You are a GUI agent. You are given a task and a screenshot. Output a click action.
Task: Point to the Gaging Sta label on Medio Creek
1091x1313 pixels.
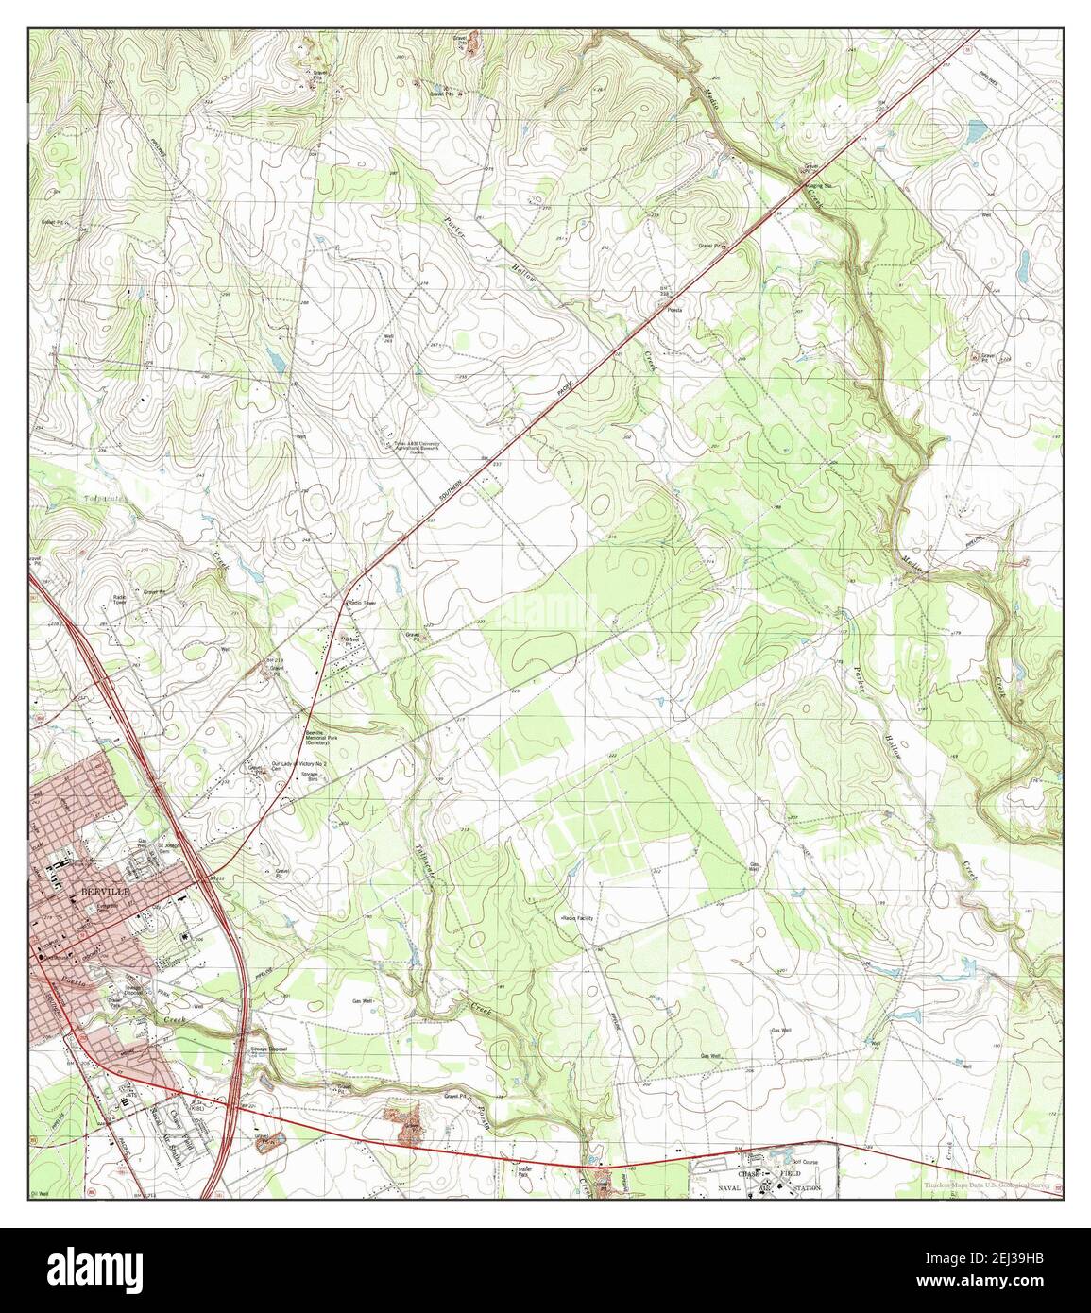[817, 186]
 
